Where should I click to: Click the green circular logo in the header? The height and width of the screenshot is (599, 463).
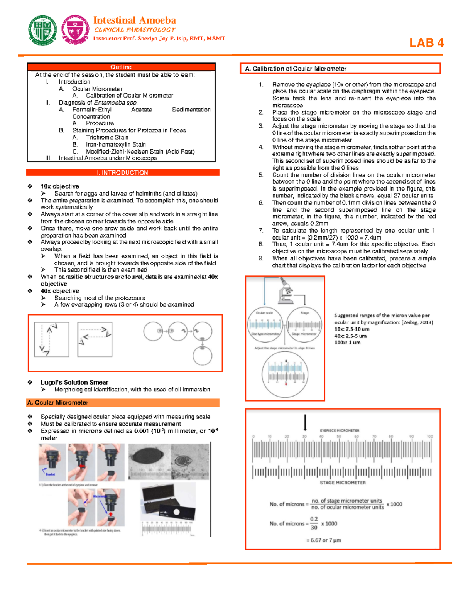click(x=42, y=30)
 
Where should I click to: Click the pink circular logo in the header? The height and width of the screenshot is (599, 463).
click(x=76, y=30)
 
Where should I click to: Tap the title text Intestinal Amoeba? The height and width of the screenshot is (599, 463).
click(x=134, y=20)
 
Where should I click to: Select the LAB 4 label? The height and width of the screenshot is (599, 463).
click(x=426, y=43)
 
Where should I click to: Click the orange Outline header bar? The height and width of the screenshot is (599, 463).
click(x=121, y=67)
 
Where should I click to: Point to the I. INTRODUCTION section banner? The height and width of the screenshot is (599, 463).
click(x=123, y=173)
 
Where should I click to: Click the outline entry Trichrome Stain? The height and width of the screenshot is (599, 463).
click(x=107, y=137)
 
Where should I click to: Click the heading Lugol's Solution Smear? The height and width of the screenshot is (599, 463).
click(x=74, y=382)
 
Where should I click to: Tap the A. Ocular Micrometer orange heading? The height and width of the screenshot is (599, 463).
click(x=58, y=403)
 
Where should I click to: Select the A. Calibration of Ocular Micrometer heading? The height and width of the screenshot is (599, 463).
click(x=296, y=69)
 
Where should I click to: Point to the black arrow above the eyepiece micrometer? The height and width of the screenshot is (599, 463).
click(x=305, y=422)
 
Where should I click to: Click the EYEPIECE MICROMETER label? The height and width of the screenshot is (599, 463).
click(x=340, y=430)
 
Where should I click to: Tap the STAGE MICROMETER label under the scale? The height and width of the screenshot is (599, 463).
click(x=343, y=483)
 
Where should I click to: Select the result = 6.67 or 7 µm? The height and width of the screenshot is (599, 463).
click(x=324, y=540)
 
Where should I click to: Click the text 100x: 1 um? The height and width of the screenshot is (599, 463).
click(x=347, y=343)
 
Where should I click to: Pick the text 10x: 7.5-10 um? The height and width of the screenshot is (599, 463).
click(x=352, y=329)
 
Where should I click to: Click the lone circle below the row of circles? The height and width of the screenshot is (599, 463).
click(x=203, y=356)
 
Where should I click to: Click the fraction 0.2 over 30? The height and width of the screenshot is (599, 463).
click(x=314, y=523)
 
